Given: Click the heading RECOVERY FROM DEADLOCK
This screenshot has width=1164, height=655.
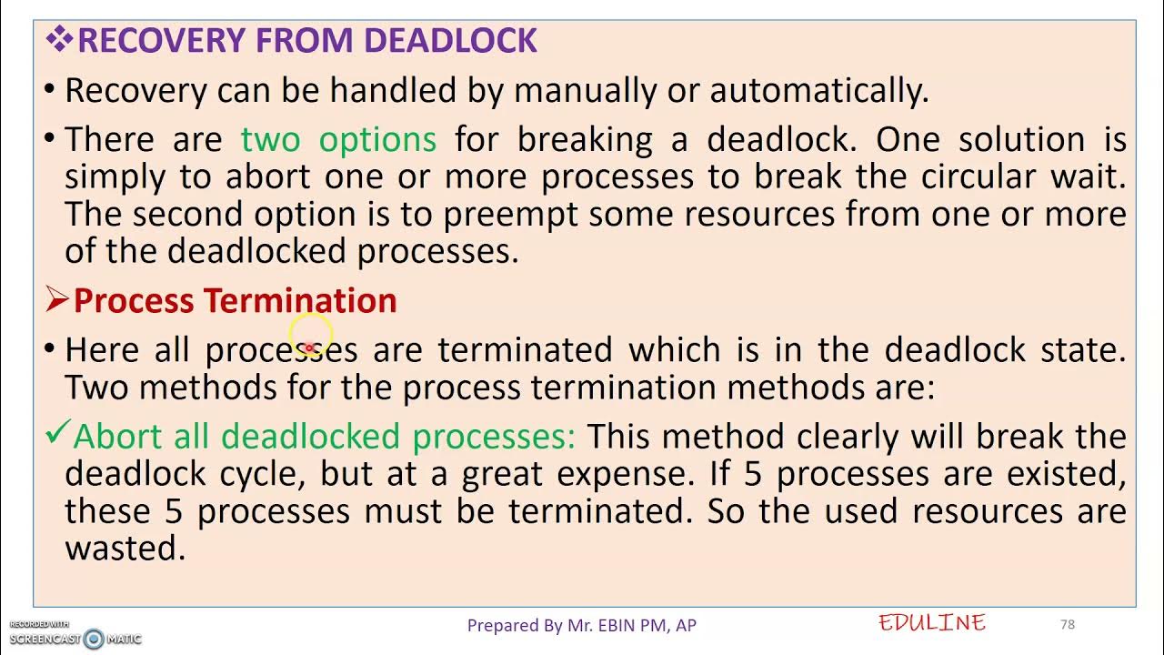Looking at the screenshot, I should tap(307, 41).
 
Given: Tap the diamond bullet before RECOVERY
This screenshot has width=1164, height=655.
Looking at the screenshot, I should tap(59, 39).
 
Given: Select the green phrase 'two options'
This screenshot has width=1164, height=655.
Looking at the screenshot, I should tap(338, 139).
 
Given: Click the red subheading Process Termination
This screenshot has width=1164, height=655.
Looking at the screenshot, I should tap(235, 301).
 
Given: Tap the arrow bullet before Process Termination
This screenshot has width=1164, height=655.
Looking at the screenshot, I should tap(57, 299).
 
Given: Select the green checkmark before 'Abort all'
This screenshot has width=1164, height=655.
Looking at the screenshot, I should tap(56, 436).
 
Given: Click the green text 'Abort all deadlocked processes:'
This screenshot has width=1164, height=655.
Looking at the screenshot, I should tap(324, 437).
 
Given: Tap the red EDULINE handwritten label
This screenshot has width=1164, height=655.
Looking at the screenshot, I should tap(932, 623).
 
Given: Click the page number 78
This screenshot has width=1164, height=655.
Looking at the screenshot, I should tap(1068, 624).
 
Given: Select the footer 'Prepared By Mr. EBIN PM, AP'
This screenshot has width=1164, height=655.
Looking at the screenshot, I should tap(581, 625).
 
